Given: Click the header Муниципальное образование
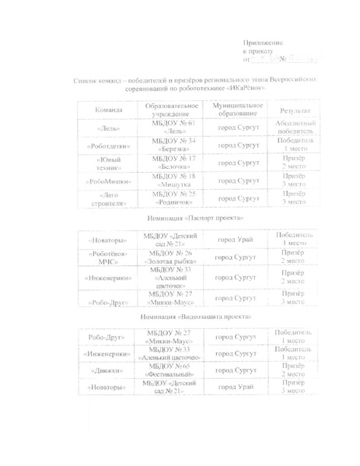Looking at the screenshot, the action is (237, 110).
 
